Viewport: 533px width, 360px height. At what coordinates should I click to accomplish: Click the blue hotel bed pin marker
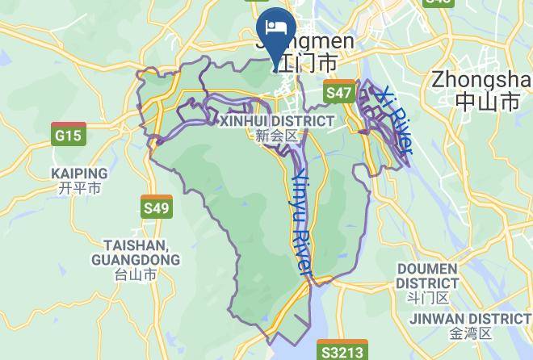tap(275, 28)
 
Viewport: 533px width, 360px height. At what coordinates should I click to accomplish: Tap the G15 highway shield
tap(68, 135)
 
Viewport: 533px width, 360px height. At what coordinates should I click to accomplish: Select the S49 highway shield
tap(156, 207)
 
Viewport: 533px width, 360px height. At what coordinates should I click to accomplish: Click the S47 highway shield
tap(339, 92)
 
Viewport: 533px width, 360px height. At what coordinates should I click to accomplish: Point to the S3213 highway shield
tap(342, 352)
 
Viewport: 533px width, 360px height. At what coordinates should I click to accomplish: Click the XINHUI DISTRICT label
tap(277, 121)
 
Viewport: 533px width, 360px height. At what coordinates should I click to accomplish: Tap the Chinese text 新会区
tap(277, 136)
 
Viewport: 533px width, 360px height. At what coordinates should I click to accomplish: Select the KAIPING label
tap(79, 174)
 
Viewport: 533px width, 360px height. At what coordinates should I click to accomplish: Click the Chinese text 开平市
tap(79, 188)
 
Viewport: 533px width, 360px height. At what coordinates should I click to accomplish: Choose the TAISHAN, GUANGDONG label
tap(136, 252)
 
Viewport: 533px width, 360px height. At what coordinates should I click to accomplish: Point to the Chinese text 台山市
tap(136, 274)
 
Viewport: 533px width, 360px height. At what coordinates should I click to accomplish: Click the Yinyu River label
tap(301, 223)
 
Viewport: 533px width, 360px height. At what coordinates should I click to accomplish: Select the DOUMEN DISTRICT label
tap(427, 276)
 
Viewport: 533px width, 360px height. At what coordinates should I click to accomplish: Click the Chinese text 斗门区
tap(427, 297)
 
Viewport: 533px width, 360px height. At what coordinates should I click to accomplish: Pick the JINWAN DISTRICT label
tap(470, 319)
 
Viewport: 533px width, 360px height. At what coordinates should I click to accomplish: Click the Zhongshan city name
tap(481, 80)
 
